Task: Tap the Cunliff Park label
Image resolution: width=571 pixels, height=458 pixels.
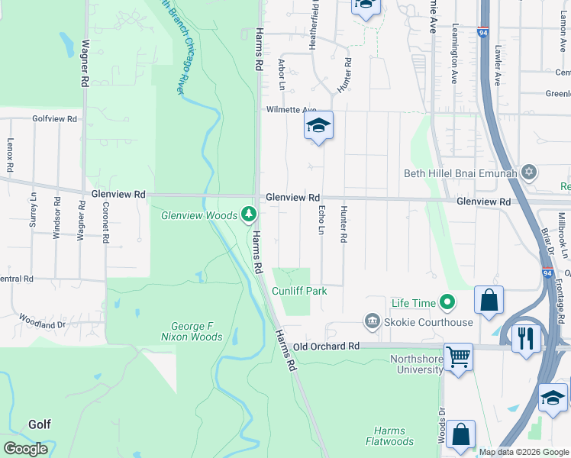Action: point(299,291)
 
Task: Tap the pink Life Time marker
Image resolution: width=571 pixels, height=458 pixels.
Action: point(447,303)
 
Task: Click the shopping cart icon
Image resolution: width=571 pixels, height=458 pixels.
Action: point(458,356)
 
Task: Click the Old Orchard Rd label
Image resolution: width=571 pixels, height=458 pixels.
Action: point(326,346)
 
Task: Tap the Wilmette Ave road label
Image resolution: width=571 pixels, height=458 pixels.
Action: point(291,110)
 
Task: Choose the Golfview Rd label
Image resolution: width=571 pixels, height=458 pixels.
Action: point(55,119)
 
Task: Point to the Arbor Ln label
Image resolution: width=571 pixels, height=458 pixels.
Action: point(281,71)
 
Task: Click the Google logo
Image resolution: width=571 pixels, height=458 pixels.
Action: point(25,448)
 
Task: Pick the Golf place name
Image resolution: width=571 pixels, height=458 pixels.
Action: point(40,424)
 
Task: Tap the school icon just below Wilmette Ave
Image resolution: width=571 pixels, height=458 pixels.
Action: point(318,126)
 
